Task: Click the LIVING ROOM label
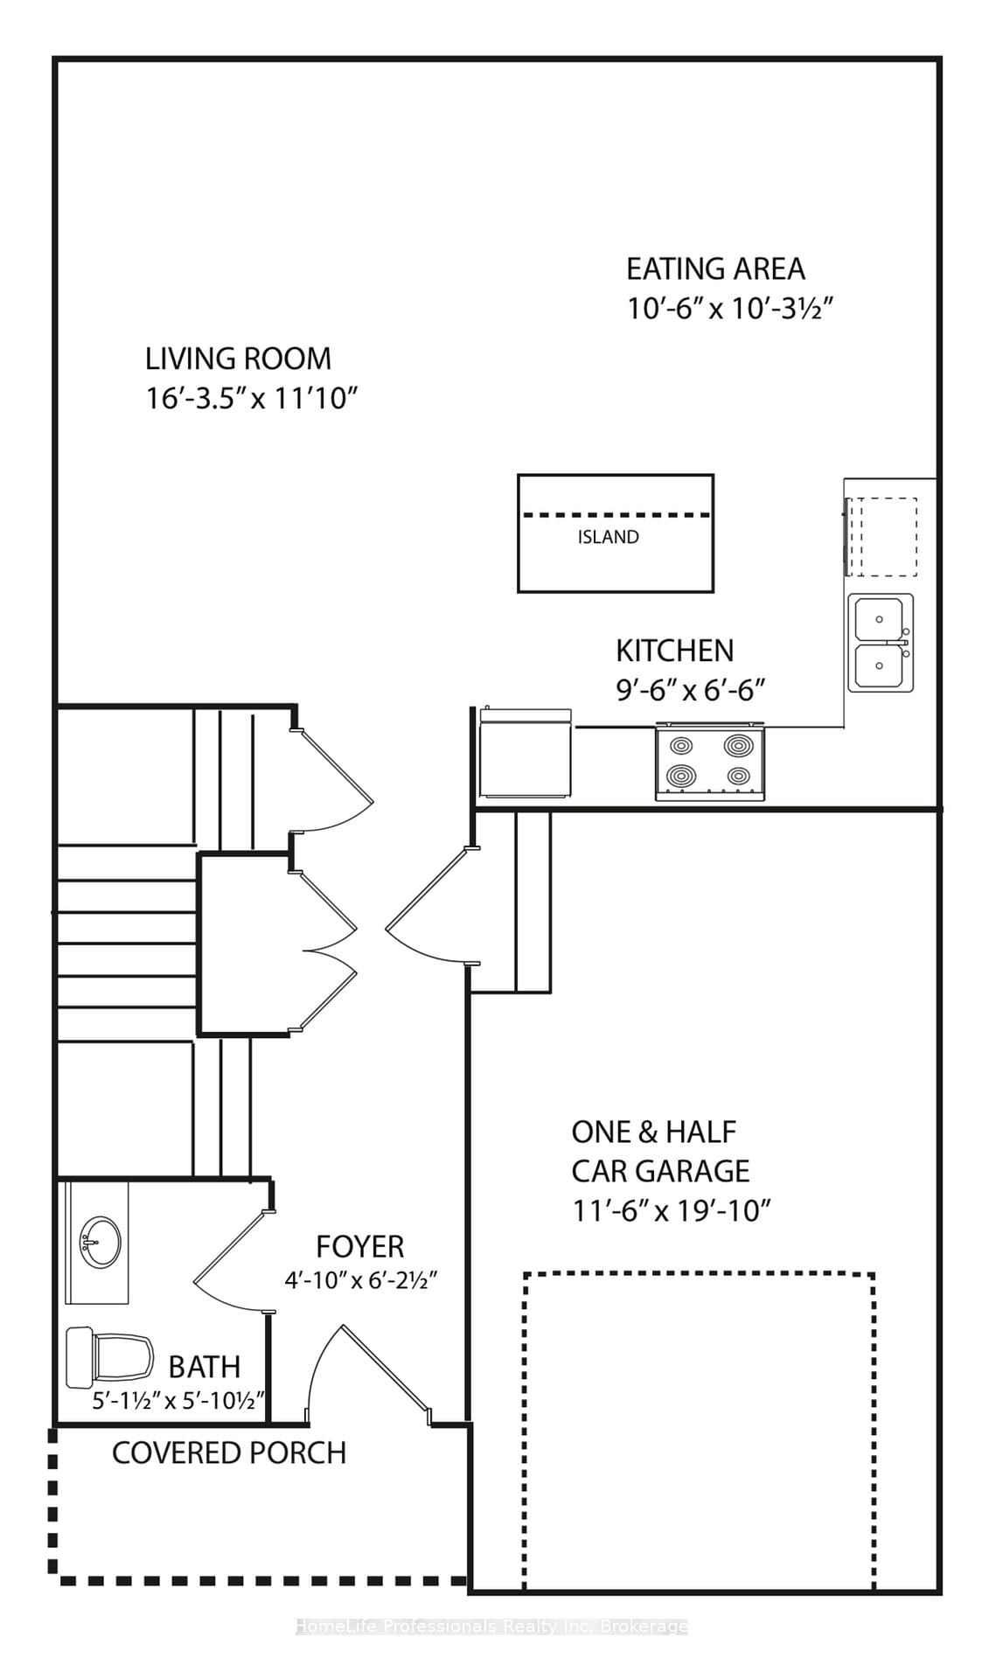point(238,359)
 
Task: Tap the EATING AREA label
point(715,268)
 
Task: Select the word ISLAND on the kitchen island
point(609,537)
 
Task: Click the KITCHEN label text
point(675,651)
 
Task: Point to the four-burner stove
point(710,762)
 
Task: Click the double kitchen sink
point(881,643)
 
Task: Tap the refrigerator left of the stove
point(526,753)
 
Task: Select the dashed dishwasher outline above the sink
point(881,537)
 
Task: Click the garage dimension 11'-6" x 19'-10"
point(672,1211)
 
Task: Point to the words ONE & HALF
point(654,1132)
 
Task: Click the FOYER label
point(360,1246)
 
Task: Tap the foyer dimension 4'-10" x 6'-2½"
point(360,1281)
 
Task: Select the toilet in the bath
point(109,1356)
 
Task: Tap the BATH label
point(205,1366)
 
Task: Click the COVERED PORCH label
point(229,1453)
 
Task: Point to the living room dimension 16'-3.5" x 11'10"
point(252,399)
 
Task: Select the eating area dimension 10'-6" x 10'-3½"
point(730,309)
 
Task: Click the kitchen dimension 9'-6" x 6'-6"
point(691,691)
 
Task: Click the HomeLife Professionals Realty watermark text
point(491,1627)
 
